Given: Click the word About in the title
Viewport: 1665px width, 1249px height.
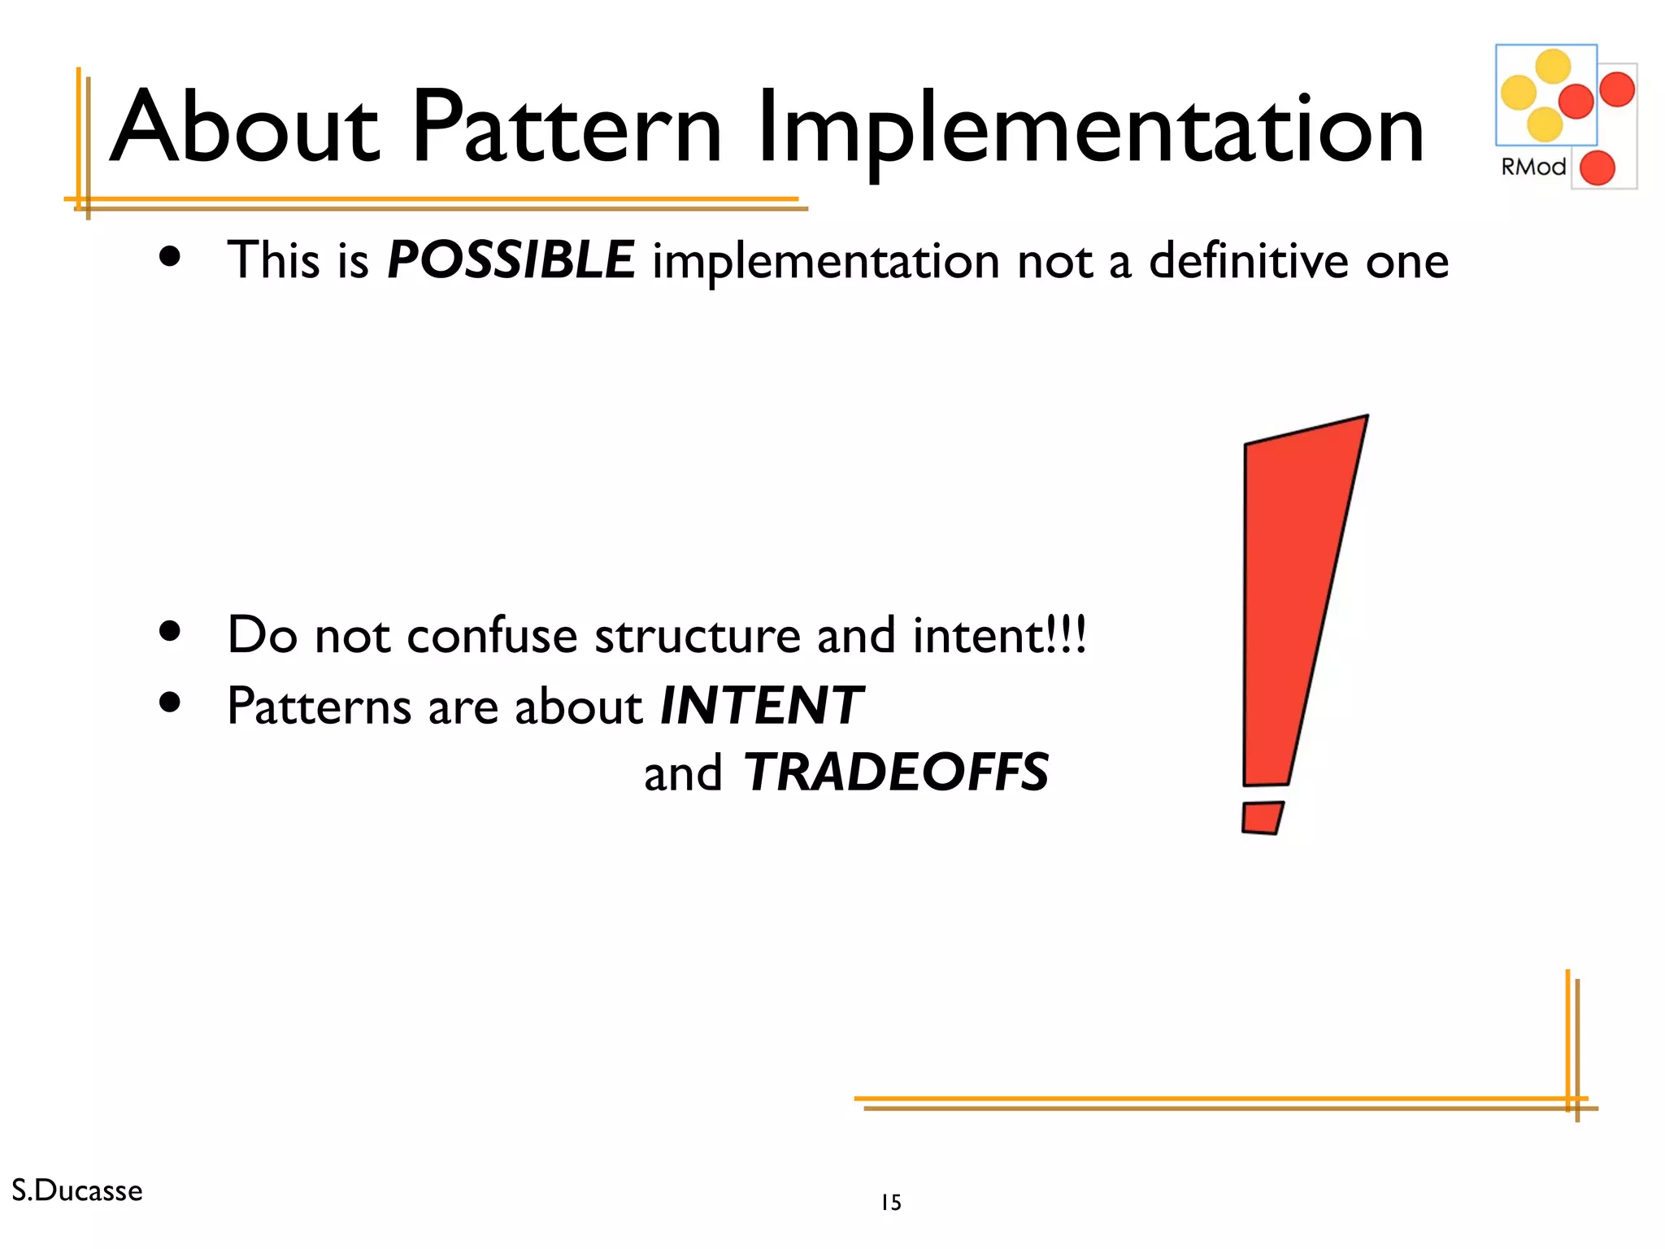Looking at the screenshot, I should [244, 128].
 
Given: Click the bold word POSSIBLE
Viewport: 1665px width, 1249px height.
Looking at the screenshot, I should [511, 260].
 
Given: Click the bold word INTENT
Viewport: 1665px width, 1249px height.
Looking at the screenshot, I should [761, 705].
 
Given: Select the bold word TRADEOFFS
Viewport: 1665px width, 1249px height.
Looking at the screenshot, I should [896, 772].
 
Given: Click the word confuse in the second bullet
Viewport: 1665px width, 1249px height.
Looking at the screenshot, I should [492, 635].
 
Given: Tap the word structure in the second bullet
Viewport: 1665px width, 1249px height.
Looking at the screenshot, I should [698, 635].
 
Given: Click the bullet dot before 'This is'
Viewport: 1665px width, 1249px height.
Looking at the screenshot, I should [170, 258].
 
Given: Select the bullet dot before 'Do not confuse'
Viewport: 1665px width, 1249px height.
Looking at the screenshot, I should [170, 631].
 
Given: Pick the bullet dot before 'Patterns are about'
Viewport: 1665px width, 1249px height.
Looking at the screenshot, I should [170, 702].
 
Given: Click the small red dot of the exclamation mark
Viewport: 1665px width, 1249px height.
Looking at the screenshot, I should [1262, 817].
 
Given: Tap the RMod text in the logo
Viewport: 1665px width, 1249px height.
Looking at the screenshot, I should [1532, 167].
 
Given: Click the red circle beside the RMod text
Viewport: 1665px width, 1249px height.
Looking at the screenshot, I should [1597, 168].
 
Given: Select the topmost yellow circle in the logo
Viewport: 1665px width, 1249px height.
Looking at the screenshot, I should [1553, 67].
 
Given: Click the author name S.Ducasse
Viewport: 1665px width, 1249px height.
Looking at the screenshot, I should [77, 1190].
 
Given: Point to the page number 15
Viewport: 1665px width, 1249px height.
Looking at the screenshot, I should [891, 1203].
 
